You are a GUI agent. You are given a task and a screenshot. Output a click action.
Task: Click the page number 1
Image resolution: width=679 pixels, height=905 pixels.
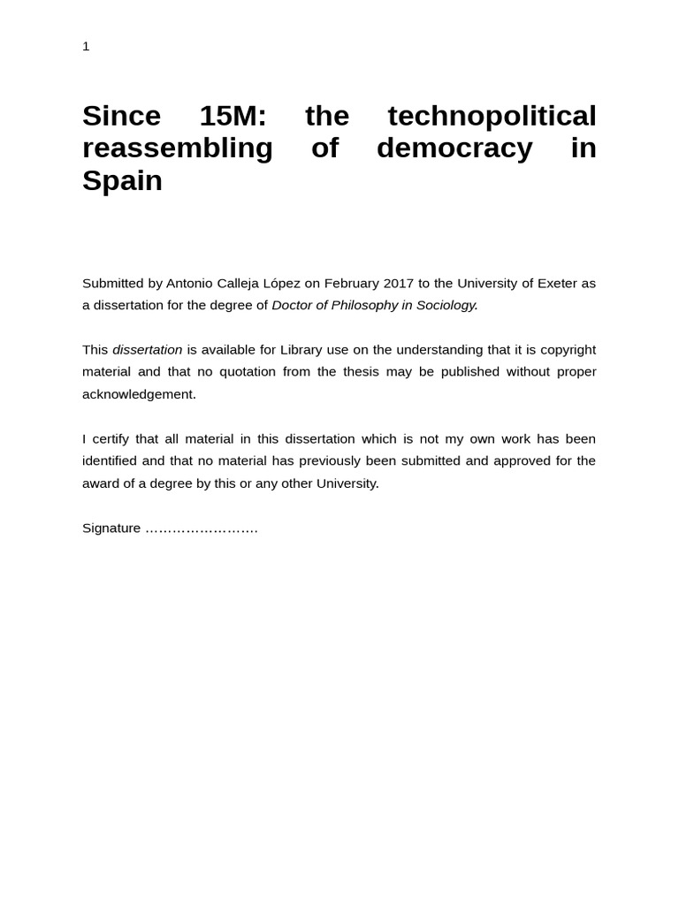pos(86,46)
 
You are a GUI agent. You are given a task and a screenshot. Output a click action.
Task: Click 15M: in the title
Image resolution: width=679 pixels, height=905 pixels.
pos(233,116)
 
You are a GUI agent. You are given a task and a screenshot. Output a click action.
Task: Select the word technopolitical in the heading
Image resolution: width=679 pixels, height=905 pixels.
pos(492,116)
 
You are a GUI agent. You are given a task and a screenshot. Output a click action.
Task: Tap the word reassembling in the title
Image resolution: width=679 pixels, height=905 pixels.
pos(178,148)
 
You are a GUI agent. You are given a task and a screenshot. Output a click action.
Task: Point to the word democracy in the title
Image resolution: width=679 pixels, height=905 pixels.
pos(454,148)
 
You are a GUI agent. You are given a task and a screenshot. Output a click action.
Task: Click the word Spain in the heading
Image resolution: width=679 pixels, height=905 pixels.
pos(122,181)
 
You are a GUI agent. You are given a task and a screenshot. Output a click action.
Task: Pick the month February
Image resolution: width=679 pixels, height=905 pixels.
pos(352,283)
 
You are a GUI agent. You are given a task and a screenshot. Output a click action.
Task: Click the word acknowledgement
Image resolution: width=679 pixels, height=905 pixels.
pos(139,394)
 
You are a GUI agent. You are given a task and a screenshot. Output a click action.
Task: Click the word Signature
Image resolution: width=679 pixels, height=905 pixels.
pos(111,529)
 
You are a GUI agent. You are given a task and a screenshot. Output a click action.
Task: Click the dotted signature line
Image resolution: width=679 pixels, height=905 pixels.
pos(202,529)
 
